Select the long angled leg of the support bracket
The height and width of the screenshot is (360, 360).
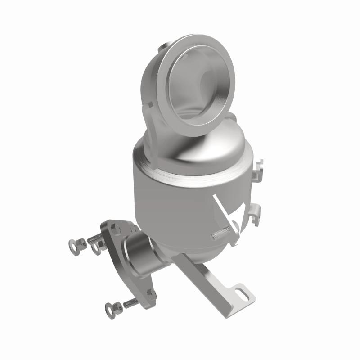(x=202, y=274)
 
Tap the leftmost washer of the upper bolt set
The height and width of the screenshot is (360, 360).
(x=73, y=246)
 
